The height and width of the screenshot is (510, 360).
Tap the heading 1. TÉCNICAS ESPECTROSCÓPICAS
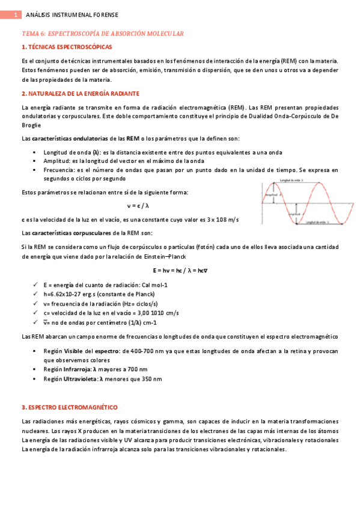[66, 47]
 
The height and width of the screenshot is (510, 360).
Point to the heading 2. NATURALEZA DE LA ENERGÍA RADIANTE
[81, 94]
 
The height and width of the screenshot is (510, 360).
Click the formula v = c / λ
[138, 206]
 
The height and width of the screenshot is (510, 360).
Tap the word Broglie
[32, 125]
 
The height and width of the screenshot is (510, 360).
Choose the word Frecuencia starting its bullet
[59, 170]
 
